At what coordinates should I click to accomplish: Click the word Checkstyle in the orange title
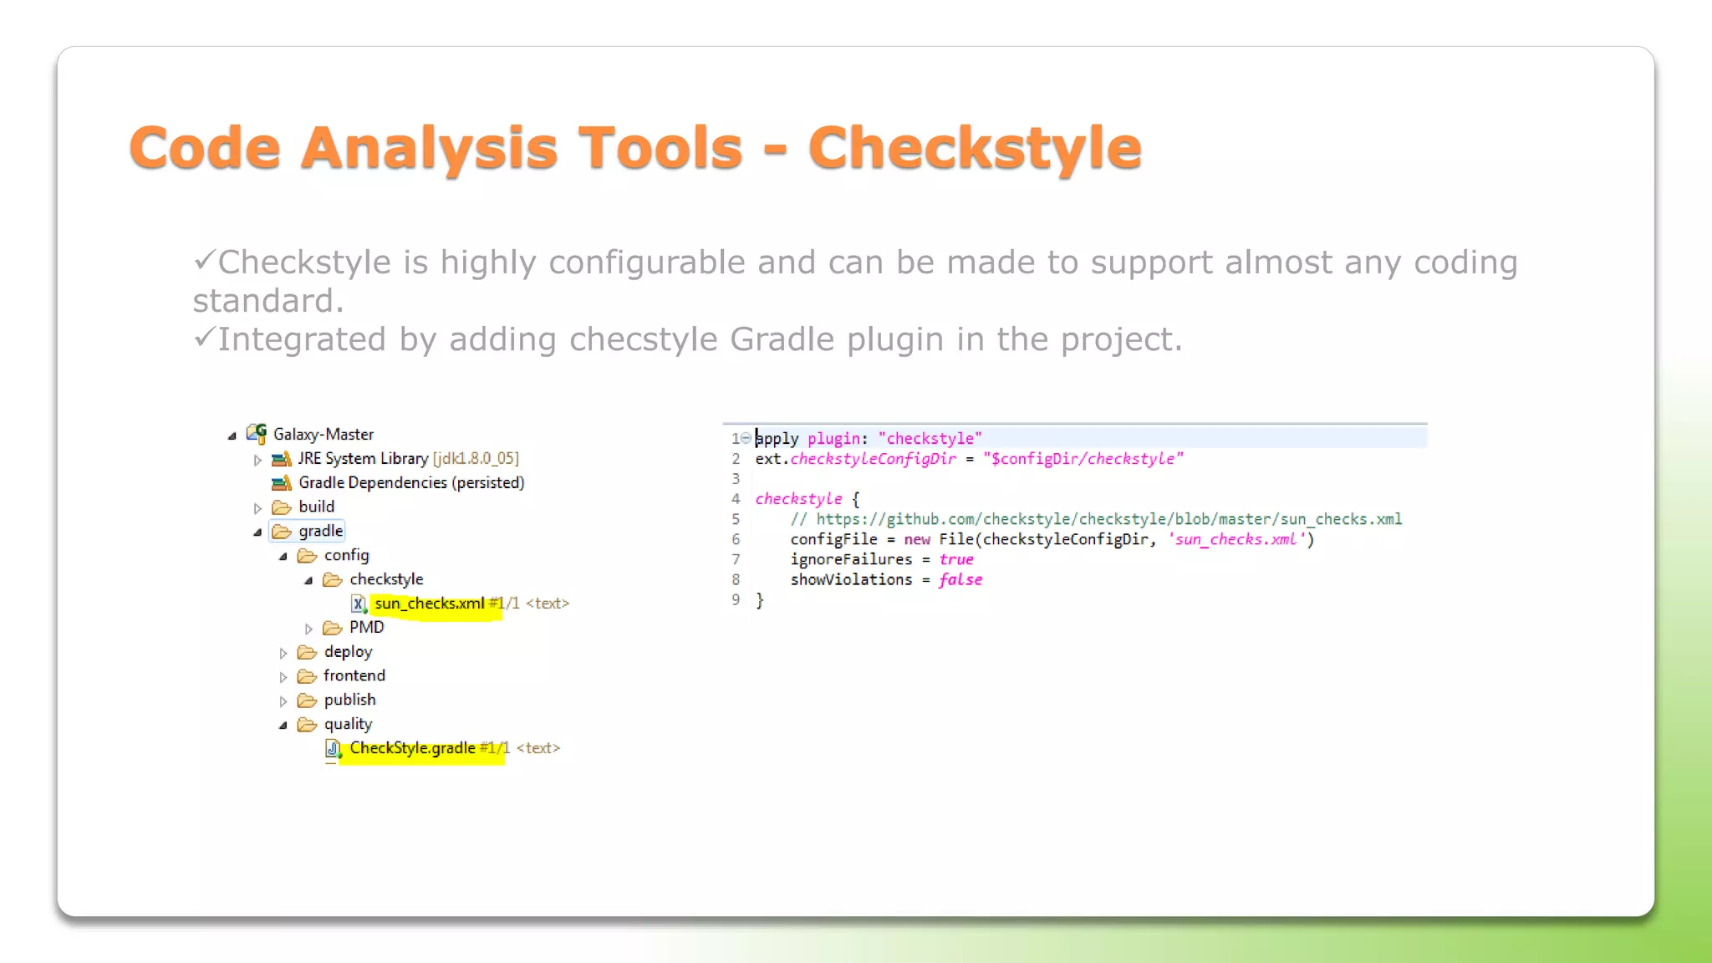pyautogui.click(x=974, y=148)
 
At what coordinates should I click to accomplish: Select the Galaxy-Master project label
pyautogui.click(x=323, y=434)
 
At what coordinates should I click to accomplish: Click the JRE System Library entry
pyautogui.click(x=363, y=458)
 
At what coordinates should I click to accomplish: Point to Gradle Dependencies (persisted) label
pyautogui.click(x=411, y=482)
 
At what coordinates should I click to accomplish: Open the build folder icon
pyautogui.click(x=282, y=507)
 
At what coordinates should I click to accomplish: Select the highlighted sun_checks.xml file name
pyautogui.click(x=430, y=604)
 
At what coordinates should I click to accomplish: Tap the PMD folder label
pyautogui.click(x=366, y=627)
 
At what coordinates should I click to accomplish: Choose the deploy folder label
pyautogui.click(x=348, y=651)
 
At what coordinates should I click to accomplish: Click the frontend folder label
pyautogui.click(x=354, y=675)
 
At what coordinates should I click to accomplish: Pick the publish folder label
pyautogui.click(x=349, y=700)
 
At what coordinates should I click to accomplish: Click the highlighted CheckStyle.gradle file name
pyautogui.click(x=412, y=748)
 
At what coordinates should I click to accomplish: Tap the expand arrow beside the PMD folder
pyautogui.click(x=308, y=629)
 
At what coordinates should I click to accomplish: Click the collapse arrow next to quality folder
pyautogui.click(x=283, y=725)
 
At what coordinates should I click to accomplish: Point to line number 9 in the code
pyautogui.click(x=736, y=599)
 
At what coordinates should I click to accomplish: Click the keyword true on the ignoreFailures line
pyautogui.click(x=956, y=559)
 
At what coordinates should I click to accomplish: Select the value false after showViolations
pyautogui.click(x=960, y=579)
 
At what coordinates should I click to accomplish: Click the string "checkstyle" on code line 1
pyautogui.click(x=930, y=438)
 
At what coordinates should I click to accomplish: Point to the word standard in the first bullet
pyautogui.click(x=267, y=301)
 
